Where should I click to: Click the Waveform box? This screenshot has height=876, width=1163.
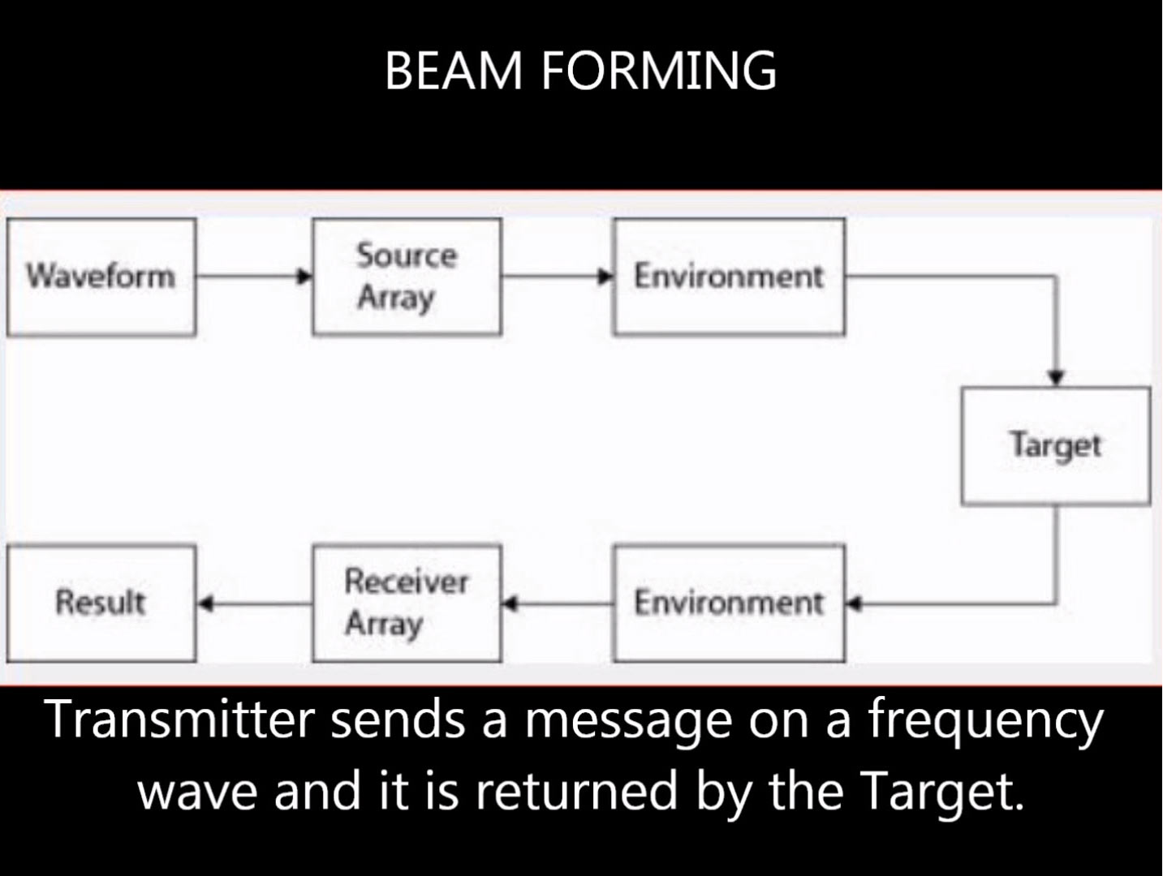click(x=101, y=277)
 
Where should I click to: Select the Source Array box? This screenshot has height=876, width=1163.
click(x=407, y=277)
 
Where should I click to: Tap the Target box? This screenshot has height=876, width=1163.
click(x=1055, y=445)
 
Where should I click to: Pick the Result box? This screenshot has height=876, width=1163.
click(x=101, y=603)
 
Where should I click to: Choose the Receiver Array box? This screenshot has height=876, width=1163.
click(x=407, y=603)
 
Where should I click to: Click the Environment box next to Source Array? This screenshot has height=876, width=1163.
click(x=729, y=277)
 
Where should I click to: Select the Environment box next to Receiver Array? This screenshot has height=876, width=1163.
click(x=729, y=603)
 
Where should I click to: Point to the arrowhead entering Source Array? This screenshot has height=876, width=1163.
click(x=304, y=276)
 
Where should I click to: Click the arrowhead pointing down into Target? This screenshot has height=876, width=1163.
click(x=1056, y=378)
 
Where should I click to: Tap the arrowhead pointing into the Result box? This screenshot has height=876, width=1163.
click(x=205, y=603)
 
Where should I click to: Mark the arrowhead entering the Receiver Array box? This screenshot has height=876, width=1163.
click(x=510, y=603)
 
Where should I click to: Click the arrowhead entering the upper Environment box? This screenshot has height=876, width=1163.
click(x=605, y=276)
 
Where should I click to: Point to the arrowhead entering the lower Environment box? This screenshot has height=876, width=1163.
click(x=854, y=603)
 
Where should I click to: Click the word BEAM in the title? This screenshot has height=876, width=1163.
click(x=454, y=71)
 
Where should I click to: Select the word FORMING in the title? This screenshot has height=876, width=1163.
click(x=658, y=71)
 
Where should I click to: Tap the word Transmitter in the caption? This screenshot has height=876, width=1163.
click(x=180, y=719)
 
